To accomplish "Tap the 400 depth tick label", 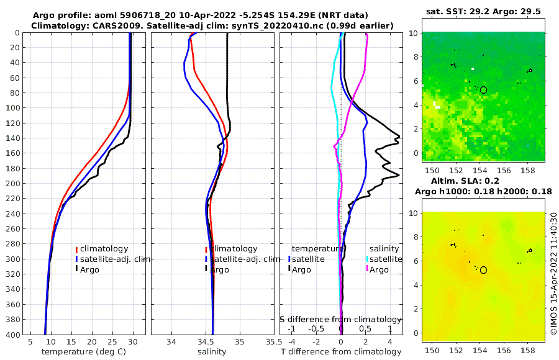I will pos(12,335).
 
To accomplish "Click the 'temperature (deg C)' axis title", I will pos(84,352).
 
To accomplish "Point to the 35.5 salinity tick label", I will pos(270,341).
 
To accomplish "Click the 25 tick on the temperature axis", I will pos(112,341).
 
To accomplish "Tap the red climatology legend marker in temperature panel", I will pos(76,249).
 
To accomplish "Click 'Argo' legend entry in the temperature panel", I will pos(89,269).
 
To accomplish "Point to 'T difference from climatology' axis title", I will pos(341,352).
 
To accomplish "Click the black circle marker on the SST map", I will pos(484,90).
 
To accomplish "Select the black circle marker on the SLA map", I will pos(484,270).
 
